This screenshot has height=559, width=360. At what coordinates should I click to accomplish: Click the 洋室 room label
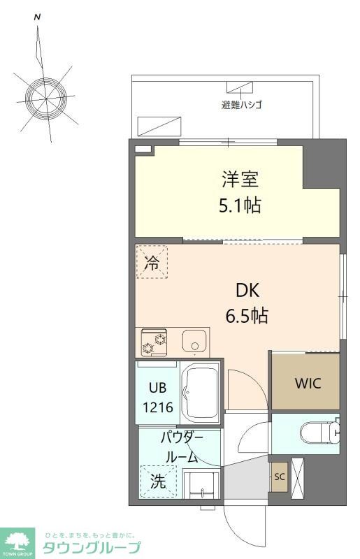[x=240, y=180]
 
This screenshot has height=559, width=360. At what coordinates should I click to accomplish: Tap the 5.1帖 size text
[x=240, y=207]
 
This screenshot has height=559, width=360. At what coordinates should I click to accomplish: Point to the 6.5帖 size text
[x=246, y=316]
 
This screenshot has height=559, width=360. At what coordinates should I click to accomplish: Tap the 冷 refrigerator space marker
[x=151, y=263]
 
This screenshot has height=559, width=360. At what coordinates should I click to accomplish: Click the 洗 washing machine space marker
[x=159, y=481]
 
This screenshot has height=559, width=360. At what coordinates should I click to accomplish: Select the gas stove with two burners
[x=154, y=342]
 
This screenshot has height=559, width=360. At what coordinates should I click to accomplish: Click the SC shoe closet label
[x=279, y=477]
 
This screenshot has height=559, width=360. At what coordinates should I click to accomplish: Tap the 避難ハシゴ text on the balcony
[x=241, y=106]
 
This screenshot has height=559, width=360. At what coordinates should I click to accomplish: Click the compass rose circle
[x=47, y=92]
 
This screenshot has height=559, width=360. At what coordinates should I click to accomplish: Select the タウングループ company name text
[x=92, y=547]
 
